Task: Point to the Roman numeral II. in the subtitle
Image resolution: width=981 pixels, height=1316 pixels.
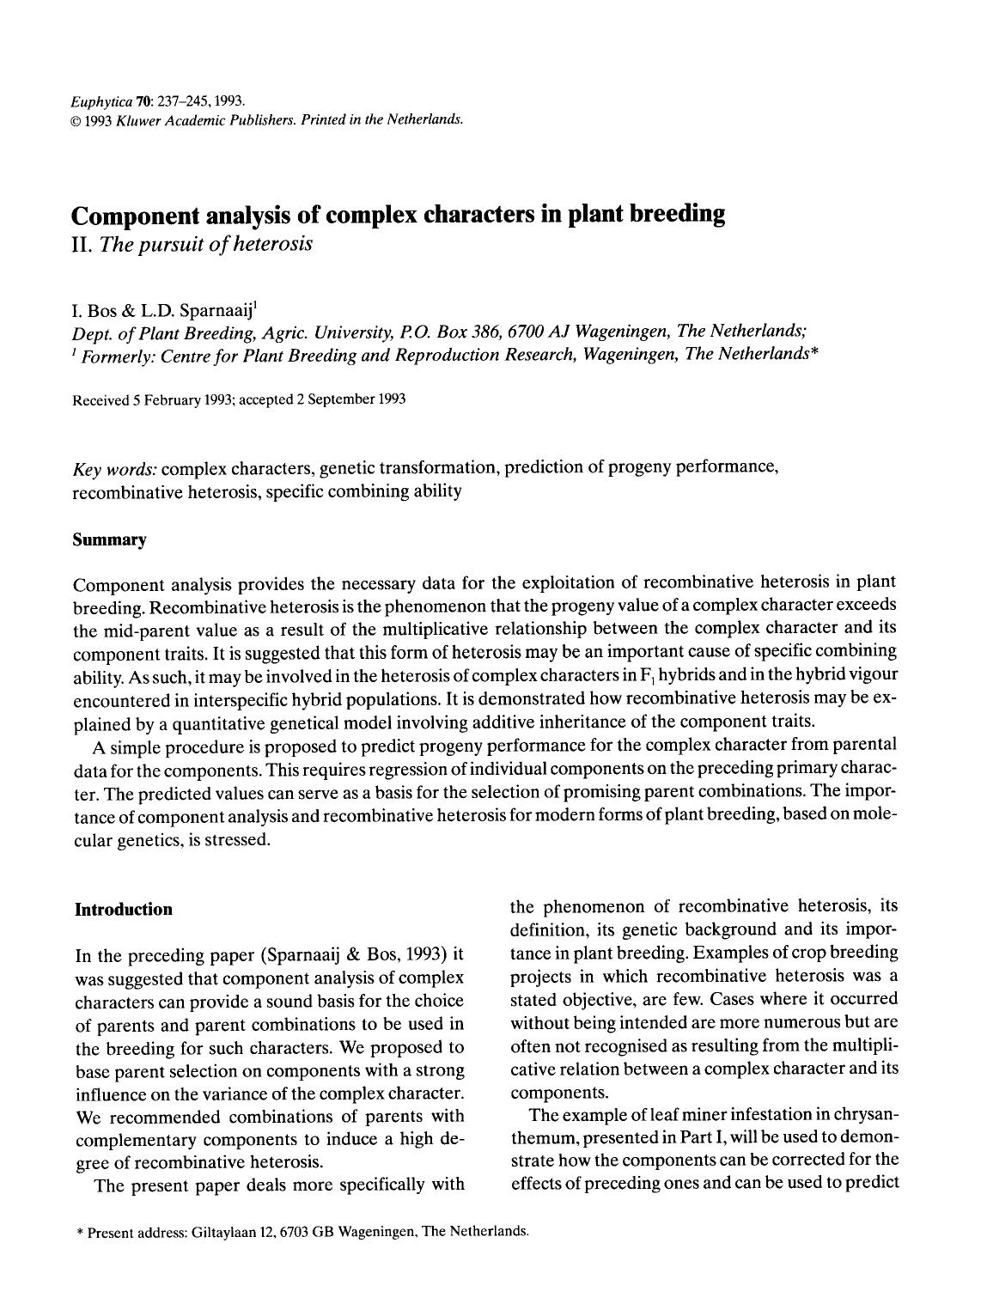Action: (83, 244)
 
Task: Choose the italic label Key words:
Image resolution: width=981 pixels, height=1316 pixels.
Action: (114, 469)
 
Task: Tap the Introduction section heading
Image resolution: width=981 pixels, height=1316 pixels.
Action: (124, 910)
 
